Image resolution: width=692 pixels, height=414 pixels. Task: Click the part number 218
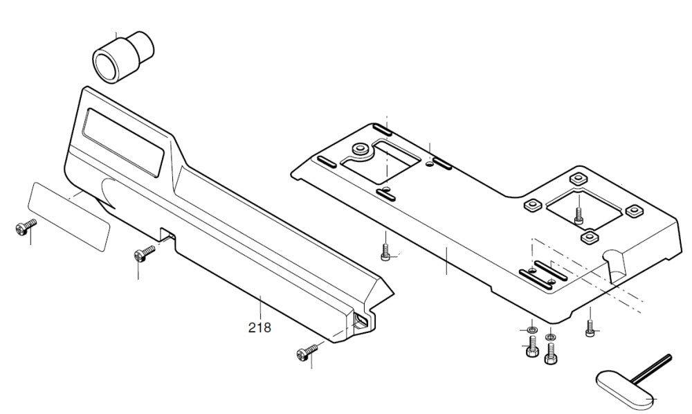point(259,327)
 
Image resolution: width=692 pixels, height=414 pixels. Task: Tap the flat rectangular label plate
point(69,215)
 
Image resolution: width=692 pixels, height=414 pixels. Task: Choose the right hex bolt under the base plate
point(550,355)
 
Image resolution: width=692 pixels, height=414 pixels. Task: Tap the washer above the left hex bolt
point(531,327)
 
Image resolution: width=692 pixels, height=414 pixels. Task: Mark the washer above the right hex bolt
point(550,337)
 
